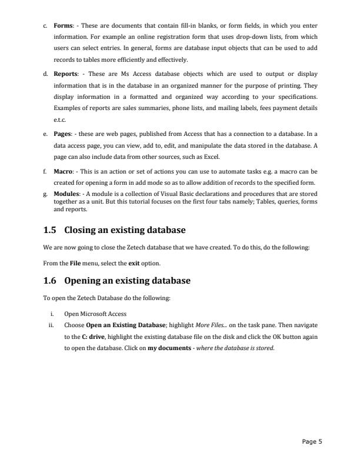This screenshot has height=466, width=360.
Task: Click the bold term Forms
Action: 62,25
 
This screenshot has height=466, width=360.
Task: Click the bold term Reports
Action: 65,74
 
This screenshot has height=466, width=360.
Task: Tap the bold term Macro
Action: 63,171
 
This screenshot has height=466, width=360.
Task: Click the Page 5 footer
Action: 312,442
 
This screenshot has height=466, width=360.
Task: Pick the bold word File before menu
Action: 75,262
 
